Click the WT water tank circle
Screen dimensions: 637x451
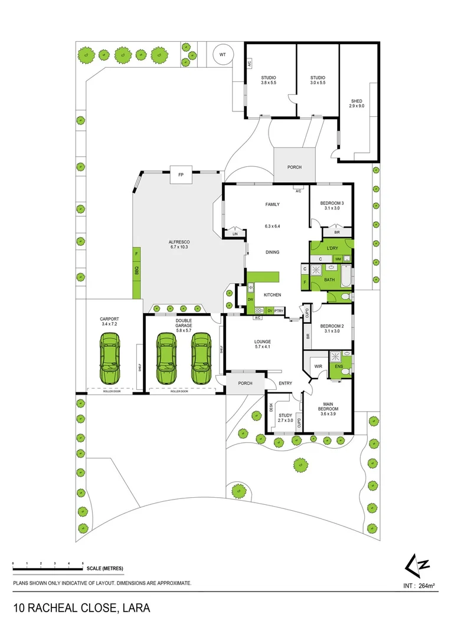(x=223, y=54)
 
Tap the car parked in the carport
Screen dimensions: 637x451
(x=110, y=358)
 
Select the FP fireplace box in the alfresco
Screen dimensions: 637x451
(x=181, y=174)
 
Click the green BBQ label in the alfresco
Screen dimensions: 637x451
(x=136, y=271)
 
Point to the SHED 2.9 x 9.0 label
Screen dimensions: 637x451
(x=357, y=104)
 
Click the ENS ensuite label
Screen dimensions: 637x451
(x=339, y=366)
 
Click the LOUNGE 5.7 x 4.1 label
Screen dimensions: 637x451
(x=262, y=344)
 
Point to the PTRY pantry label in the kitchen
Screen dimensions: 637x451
(x=279, y=311)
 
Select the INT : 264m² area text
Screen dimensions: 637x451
(x=419, y=586)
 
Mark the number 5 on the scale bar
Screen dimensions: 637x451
(x=83, y=564)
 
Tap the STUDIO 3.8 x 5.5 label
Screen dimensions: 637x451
(x=269, y=80)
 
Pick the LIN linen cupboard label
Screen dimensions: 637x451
(x=236, y=234)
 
